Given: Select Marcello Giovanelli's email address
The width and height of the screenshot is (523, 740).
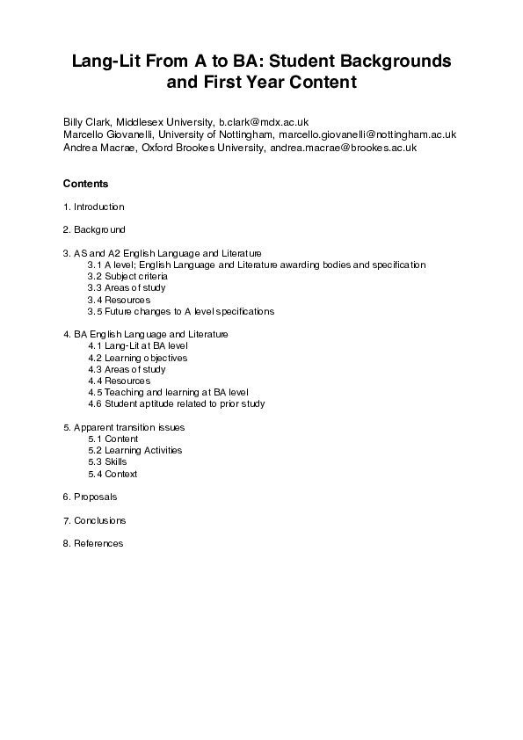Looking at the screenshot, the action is point(367,134).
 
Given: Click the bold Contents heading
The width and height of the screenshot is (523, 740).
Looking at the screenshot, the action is point(85,184).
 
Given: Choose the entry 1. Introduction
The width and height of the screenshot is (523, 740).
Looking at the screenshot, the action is point(93,207).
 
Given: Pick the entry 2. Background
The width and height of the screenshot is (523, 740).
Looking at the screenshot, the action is point(94,229).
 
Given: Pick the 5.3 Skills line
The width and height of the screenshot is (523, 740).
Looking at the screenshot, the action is point(107,462).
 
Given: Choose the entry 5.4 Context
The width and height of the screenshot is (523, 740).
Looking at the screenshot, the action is point(113,474).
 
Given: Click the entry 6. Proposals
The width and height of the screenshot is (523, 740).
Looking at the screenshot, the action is point(90,497).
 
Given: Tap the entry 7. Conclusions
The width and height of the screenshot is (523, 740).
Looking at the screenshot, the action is point(94,520).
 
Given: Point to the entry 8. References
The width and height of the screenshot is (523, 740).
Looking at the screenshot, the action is point(93,543).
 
